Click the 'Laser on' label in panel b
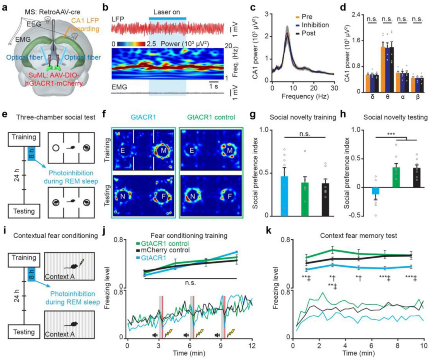167,12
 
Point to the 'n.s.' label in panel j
190,283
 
